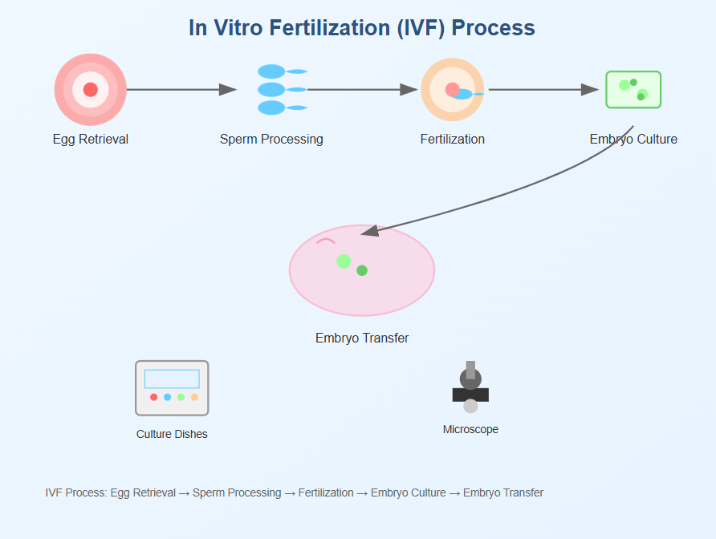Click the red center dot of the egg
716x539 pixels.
click(x=91, y=89)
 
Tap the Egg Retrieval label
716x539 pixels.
click(x=91, y=139)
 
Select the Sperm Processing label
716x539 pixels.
click(x=271, y=139)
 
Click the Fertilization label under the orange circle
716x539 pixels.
click(x=452, y=139)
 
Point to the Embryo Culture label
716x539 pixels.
click(x=633, y=139)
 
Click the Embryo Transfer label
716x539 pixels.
click(x=362, y=338)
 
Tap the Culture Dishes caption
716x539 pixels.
click(x=172, y=434)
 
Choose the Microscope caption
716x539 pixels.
click(x=470, y=429)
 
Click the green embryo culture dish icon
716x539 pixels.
click(x=633, y=89)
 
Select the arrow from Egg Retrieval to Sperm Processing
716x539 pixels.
click(x=181, y=89)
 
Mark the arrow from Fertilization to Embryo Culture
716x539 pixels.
click(x=543, y=89)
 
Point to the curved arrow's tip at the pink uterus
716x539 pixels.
click(x=364, y=233)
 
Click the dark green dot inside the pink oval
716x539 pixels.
click(x=362, y=270)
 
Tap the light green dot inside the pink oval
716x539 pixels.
click(x=344, y=261)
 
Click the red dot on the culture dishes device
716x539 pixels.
click(x=154, y=397)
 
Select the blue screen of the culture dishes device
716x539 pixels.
click(x=172, y=379)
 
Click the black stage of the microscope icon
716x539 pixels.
click(x=470, y=395)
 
